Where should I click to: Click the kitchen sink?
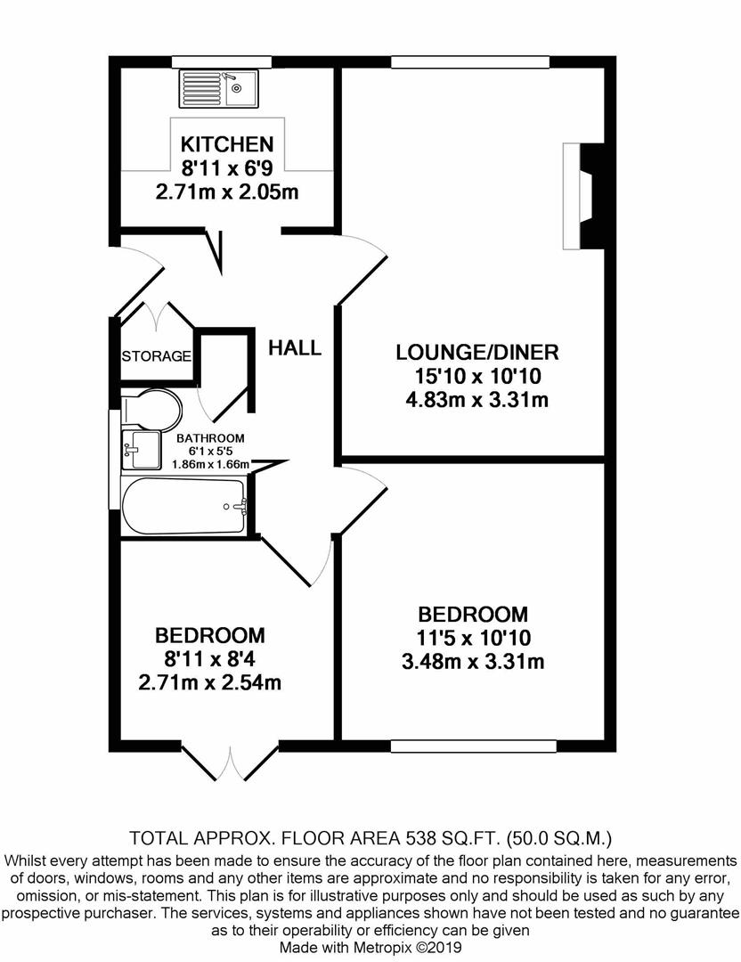point(219,88)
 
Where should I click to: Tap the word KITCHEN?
point(227,144)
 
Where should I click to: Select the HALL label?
point(295,348)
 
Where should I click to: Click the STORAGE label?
point(157,355)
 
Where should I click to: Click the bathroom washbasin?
point(141,449)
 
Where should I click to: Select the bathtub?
point(183,506)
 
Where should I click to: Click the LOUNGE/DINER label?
point(477,352)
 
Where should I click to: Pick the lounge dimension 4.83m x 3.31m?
point(477,400)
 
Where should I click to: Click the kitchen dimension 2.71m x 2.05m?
point(227,192)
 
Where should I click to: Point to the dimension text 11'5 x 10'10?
point(473,638)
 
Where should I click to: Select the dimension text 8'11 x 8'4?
point(210,659)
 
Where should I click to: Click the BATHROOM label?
point(210,438)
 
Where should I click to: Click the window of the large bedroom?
point(474,746)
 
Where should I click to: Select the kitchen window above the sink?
point(222,61)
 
